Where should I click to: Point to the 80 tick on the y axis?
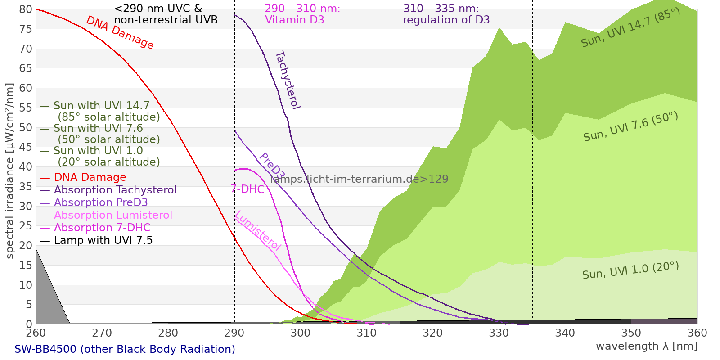click(26, 9)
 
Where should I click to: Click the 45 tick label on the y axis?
click(26, 147)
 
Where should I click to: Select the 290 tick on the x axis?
click(234, 333)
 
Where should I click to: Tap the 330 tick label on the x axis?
click(499, 333)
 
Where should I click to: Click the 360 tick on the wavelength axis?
click(697, 333)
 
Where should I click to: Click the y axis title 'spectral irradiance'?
click(10, 171)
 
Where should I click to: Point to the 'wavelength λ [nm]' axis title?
click(647, 346)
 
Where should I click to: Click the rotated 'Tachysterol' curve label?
click(288, 80)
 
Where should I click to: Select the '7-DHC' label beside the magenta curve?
click(247, 189)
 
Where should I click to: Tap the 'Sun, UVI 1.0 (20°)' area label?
click(630, 270)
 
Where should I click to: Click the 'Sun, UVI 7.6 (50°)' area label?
click(630, 127)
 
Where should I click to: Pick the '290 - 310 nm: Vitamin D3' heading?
click(302, 14)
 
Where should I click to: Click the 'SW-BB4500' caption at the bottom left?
click(125, 349)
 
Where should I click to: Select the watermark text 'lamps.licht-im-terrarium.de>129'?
click(359, 179)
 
